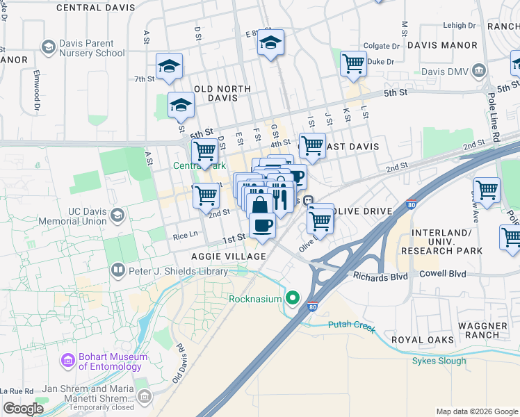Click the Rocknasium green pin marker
(x=293, y=299)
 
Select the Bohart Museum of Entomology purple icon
(x=67, y=361)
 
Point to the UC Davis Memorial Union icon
(x=117, y=216)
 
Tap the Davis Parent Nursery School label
(x=92, y=47)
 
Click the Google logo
(x=23, y=409)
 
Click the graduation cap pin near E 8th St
(x=270, y=43)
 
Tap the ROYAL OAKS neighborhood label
(x=424, y=340)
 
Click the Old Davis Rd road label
(x=181, y=361)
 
